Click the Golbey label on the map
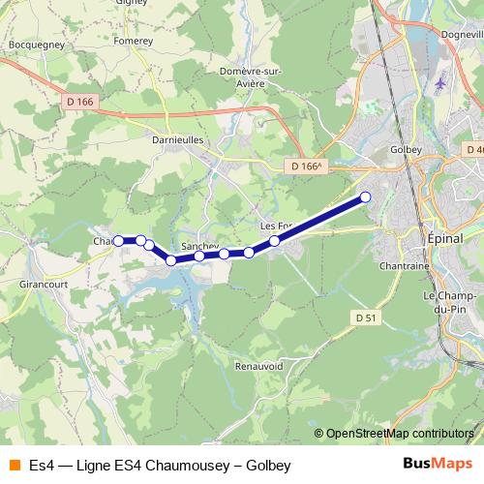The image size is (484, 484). (x=403, y=150)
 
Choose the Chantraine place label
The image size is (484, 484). (x=405, y=265)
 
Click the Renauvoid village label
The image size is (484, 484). (x=258, y=367)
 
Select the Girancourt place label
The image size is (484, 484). (x=43, y=286)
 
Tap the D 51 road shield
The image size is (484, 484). (x=365, y=318)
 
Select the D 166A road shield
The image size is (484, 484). (x=305, y=166)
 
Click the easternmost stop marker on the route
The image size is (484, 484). (x=366, y=197)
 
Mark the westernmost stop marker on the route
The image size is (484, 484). (x=119, y=240)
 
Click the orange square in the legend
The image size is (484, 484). (x=14, y=466)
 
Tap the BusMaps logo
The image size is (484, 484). (x=438, y=466)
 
